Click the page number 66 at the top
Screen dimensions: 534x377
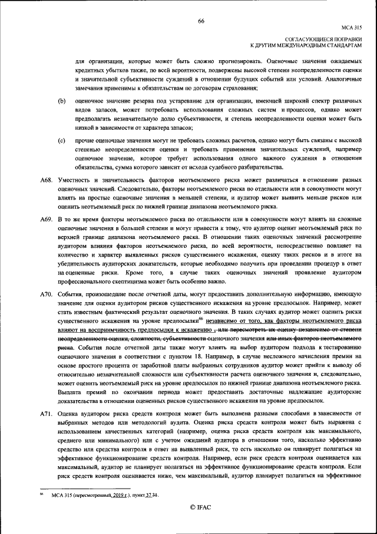(x=201, y=21)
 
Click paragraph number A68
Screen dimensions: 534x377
(x=46, y=178)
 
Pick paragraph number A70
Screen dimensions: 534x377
(x=46, y=293)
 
